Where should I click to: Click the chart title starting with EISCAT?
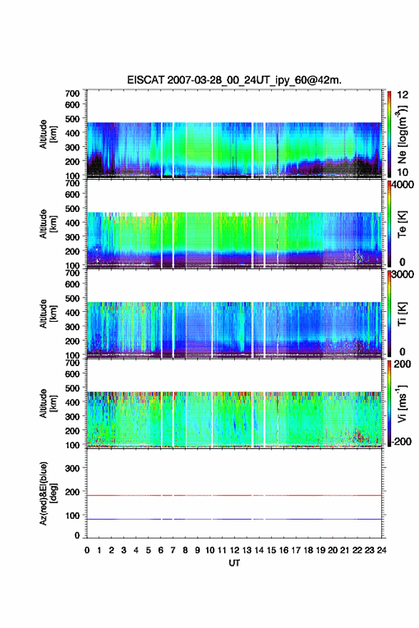tap(234, 80)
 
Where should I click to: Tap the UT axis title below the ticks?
tap(234, 563)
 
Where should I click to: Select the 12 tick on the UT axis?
tap(234, 550)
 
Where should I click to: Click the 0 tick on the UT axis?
tap(87, 550)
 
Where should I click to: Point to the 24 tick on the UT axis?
tap(381, 550)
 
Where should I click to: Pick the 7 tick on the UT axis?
tap(173, 550)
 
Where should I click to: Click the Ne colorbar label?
tap(402, 135)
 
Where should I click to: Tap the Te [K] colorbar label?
tap(402, 225)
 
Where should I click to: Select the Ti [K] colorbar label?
tap(402, 314)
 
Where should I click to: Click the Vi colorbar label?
tap(402, 404)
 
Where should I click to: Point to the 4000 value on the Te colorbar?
tap(403, 186)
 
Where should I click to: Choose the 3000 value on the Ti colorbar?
tap(403, 274)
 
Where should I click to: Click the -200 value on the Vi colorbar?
tap(400, 441)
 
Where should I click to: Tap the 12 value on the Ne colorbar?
tap(403, 95)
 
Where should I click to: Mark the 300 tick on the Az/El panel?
tap(72, 468)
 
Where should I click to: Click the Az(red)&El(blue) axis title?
tap(47, 493)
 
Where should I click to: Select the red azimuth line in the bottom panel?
tap(234, 495)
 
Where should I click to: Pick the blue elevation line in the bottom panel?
tap(234, 519)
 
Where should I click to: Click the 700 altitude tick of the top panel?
tap(72, 93)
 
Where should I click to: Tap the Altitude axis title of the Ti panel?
tap(47, 313)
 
